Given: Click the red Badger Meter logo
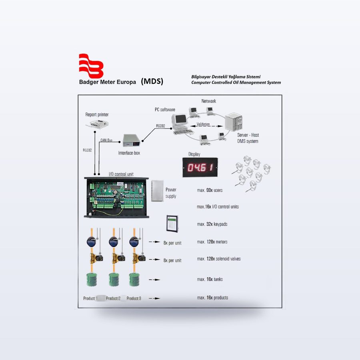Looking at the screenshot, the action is (91, 66).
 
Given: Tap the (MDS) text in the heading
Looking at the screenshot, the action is (152, 81).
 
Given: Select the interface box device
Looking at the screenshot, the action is (131, 140).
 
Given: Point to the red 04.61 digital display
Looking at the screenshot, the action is (200, 167).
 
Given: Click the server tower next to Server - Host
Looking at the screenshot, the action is (234, 122).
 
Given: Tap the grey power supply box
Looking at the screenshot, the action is (158, 191).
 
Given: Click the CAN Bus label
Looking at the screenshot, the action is (106, 140).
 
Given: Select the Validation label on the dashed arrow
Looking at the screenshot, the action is (203, 124).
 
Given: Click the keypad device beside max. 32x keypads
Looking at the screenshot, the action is (172, 224).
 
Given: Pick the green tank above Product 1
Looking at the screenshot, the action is (92, 280).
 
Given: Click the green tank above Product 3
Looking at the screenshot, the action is (134, 280).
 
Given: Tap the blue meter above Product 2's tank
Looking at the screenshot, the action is (114, 242).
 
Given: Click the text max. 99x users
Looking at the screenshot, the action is (210, 190).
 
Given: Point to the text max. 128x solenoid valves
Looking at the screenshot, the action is (219, 259).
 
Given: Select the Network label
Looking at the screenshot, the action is (209, 101).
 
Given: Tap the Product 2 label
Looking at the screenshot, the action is (113, 298).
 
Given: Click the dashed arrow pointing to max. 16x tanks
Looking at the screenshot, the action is (154, 280).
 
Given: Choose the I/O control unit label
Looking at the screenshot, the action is (121, 174).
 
